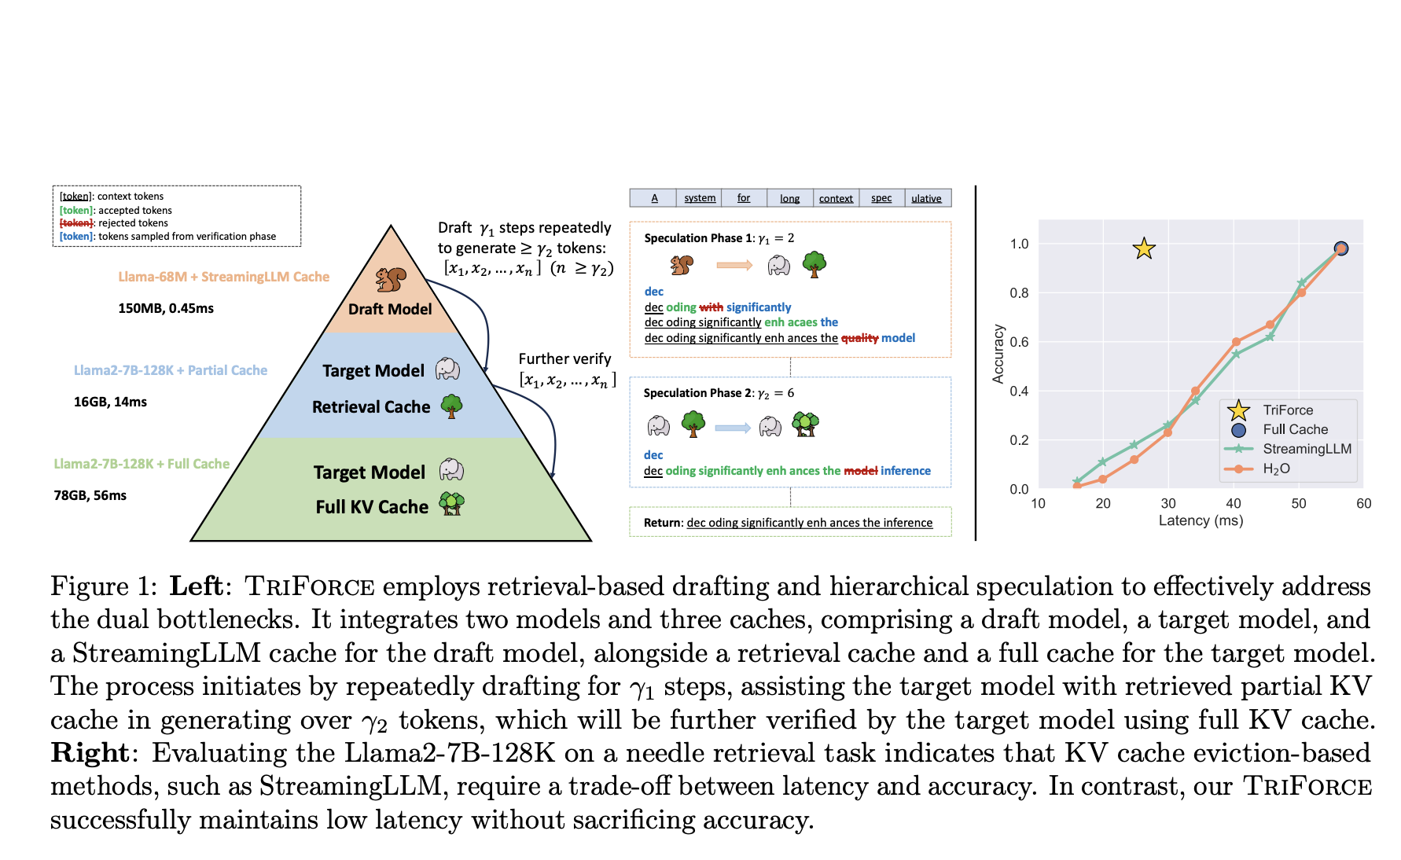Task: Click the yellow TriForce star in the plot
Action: pos(1144,248)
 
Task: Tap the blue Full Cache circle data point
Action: pos(1341,248)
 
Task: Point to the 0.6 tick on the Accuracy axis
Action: pos(1019,342)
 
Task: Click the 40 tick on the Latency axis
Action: pos(1234,503)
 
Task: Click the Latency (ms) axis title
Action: pos(1201,521)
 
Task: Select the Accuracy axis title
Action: pos(998,354)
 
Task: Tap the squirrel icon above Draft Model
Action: pos(391,279)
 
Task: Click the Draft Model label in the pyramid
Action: pos(390,309)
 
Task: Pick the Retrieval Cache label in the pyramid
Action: pos(371,407)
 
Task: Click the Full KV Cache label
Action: pos(372,507)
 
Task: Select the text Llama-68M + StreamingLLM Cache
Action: pos(224,277)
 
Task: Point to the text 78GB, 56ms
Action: pos(90,495)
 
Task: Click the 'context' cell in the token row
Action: pos(836,199)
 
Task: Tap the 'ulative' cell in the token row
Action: pos(926,199)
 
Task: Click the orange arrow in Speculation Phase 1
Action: pos(734,266)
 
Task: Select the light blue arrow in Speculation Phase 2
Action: pos(733,428)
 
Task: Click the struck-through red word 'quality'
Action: pos(859,338)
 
